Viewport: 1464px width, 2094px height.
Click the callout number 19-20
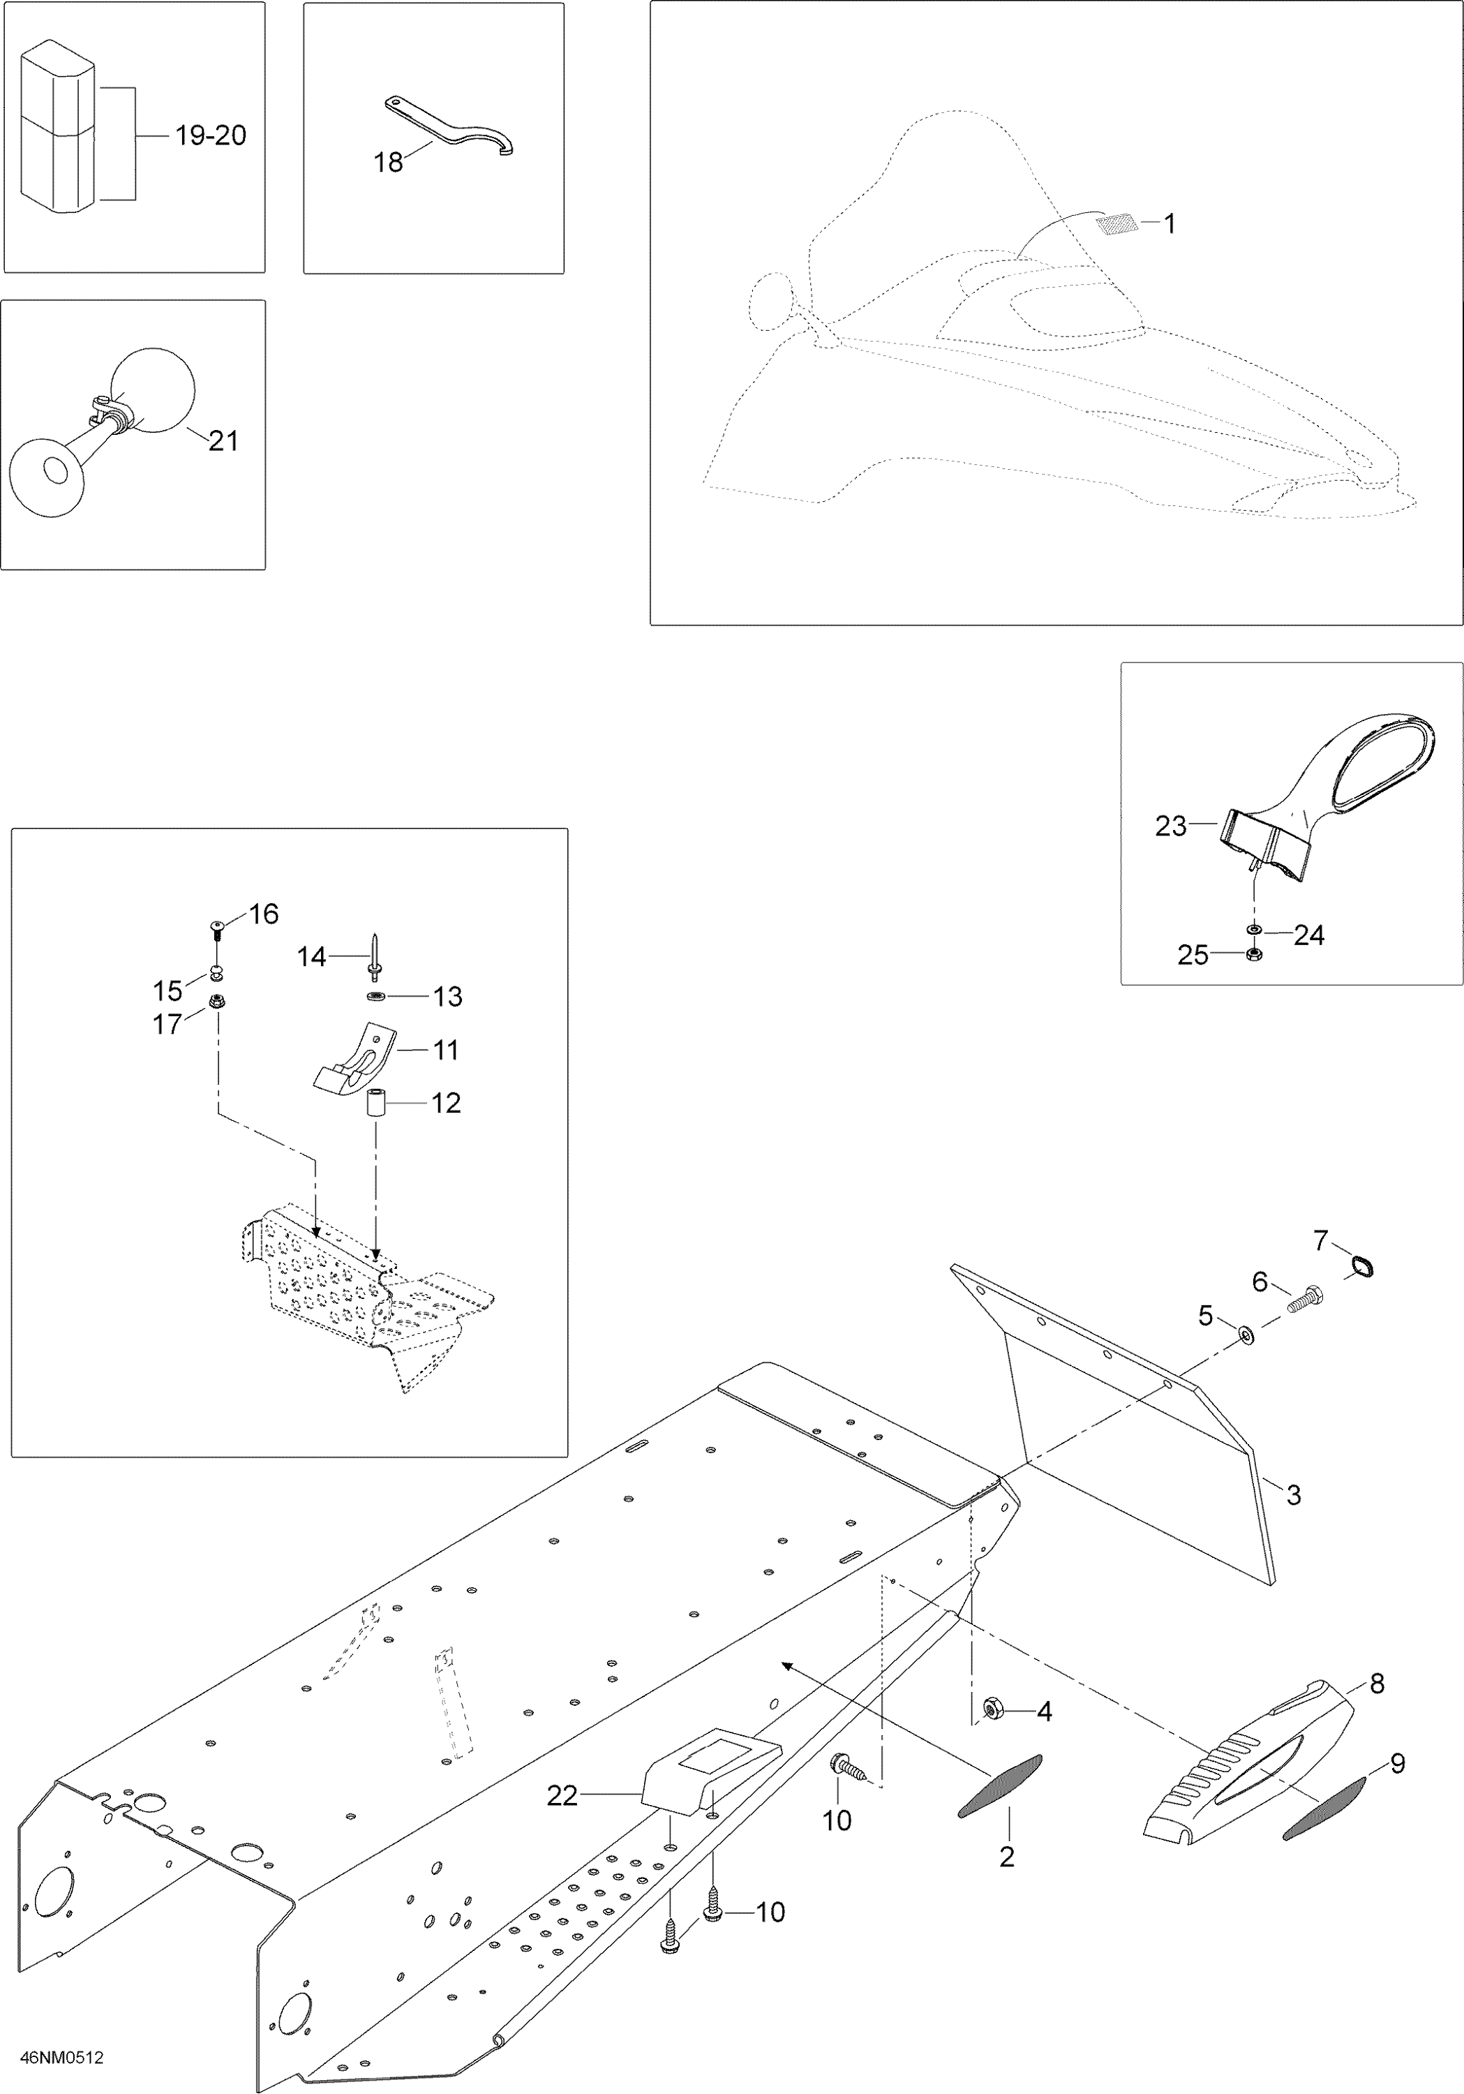coord(211,136)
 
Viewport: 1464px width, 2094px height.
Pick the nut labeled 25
coord(1253,955)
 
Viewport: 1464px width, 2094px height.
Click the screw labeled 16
coord(218,928)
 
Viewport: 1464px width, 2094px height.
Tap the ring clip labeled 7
coord(1363,1266)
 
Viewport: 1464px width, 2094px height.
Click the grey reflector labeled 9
coord(1324,1808)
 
